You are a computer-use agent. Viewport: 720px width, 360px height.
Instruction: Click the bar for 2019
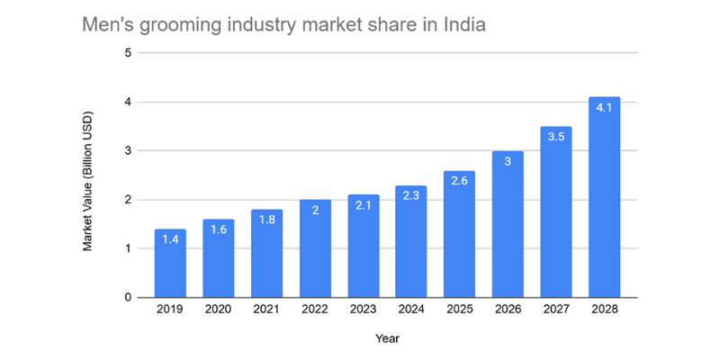[x=170, y=263]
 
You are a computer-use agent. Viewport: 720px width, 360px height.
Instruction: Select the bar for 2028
[x=604, y=197]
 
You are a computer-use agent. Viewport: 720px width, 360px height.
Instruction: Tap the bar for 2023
[x=364, y=246]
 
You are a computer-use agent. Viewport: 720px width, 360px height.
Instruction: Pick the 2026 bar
[x=508, y=224]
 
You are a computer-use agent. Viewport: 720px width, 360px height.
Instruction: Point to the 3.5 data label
[x=556, y=137]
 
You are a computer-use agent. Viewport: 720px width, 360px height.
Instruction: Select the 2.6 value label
[x=459, y=181]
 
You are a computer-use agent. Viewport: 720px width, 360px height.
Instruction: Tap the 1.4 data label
[x=170, y=239]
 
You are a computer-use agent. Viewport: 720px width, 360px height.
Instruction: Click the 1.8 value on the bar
[x=266, y=220]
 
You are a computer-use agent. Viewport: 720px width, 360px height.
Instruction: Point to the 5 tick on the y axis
[x=128, y=53]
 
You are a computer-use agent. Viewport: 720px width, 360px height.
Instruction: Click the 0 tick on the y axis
[x=128, y=298]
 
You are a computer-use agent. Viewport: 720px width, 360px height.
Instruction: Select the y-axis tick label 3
[x=128, y=150]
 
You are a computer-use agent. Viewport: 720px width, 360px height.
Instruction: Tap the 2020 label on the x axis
[x=218, y=310]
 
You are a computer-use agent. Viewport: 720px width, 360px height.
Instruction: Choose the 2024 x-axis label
[x=411, y=310]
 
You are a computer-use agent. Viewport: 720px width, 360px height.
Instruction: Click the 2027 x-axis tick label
[x=556, y=310]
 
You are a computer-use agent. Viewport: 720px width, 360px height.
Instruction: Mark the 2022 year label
[x=314, y=310]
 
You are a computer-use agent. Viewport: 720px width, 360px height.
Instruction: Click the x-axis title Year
[x=388, y=339]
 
